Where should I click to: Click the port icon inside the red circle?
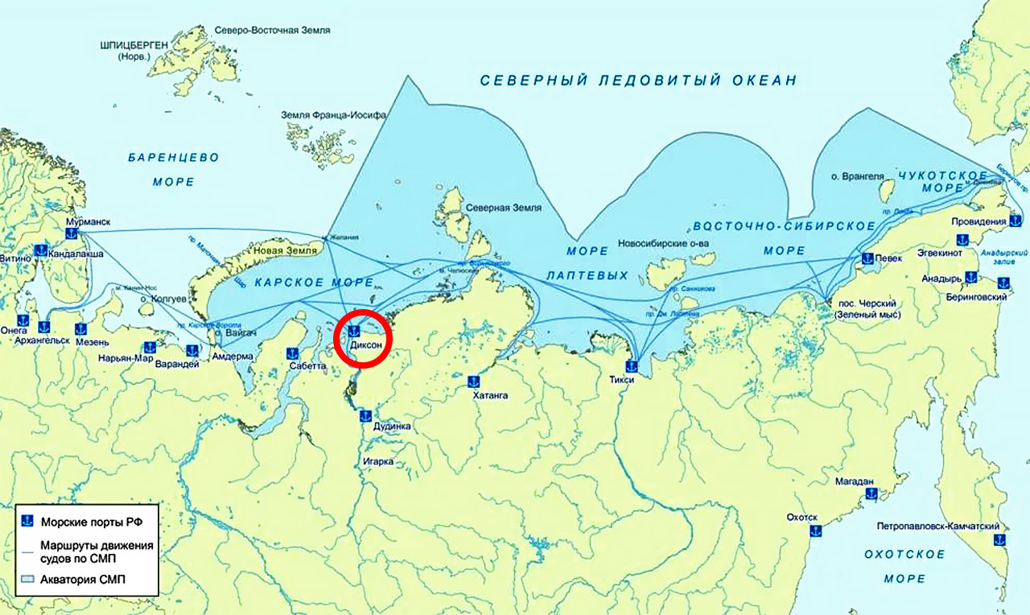[352, 331]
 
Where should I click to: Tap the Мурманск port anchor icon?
[71, 234]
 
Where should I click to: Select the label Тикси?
[622, 379]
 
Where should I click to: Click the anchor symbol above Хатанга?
[475, 381]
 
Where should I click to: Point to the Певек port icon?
[867, 258]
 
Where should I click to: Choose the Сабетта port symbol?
[293, 353]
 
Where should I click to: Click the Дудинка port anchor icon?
[365, 415]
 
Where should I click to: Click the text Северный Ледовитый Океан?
[637, 80]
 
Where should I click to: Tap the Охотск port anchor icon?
[814, 530]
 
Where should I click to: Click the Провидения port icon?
[1016, 220]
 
